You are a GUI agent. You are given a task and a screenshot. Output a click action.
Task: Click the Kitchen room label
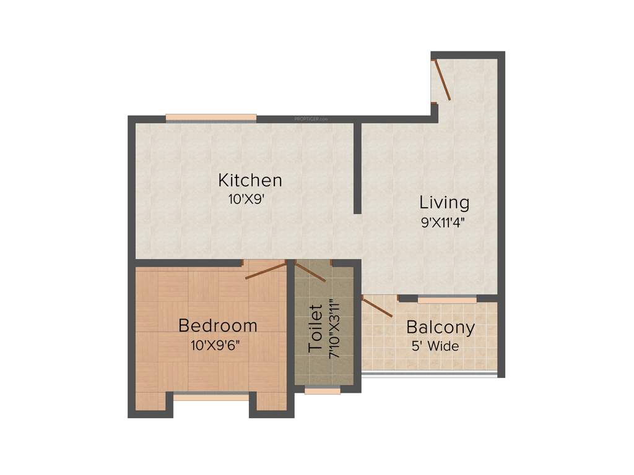pyautogui.click(x=250, y=181)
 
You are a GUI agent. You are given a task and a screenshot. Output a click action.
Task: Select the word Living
pyautogui.click(x=445, y=202)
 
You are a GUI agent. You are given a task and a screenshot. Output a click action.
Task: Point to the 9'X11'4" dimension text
pyautogui.click(x=443, y=222)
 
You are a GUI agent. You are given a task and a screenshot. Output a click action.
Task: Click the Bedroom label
pyautogui.click(x=217, y=325)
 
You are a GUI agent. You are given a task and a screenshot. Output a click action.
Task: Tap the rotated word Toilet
pyautogui.click(x=316, y=328)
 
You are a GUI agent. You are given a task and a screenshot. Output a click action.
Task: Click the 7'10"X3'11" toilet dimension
pyautogui.click(x=335, y=328)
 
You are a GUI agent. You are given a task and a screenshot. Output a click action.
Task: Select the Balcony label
pyautogui.click(x=440, y=327)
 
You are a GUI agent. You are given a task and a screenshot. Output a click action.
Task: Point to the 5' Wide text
pyautogui.click(x=435, y=346)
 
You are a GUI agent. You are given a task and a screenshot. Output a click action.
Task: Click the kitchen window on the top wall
pyautogui.click(x=211, y=118)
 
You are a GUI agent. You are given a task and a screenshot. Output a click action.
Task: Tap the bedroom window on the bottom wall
pyautogui.click(x=211, y=396)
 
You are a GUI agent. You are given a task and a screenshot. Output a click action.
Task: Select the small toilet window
pyautogui.click(x=323, y=391)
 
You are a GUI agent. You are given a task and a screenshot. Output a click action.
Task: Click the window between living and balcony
pyautogui.click(x=447, y=300)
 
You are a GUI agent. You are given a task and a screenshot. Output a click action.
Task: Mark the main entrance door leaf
pyautogui.click(x=442, y=79)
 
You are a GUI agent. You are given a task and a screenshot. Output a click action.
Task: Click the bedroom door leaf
pyautogui.click(x=266, y=271)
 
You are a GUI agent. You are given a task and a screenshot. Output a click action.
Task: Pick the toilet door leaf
pyautogui.click(x=310, y=272)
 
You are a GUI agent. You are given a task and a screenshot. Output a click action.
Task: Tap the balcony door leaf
pyautogui.click(x=377, y=307)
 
